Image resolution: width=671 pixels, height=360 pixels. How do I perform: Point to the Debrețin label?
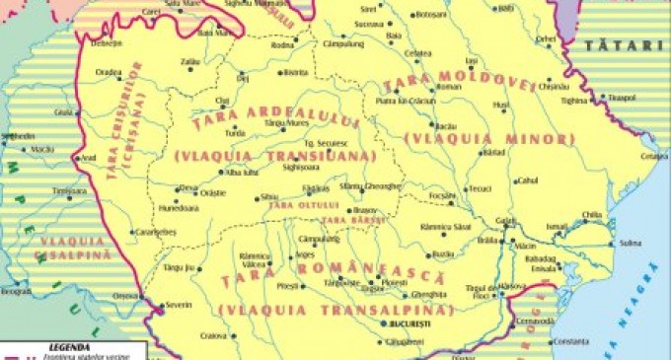pos(108,43)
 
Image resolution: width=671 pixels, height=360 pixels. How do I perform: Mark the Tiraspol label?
pos(620,99)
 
